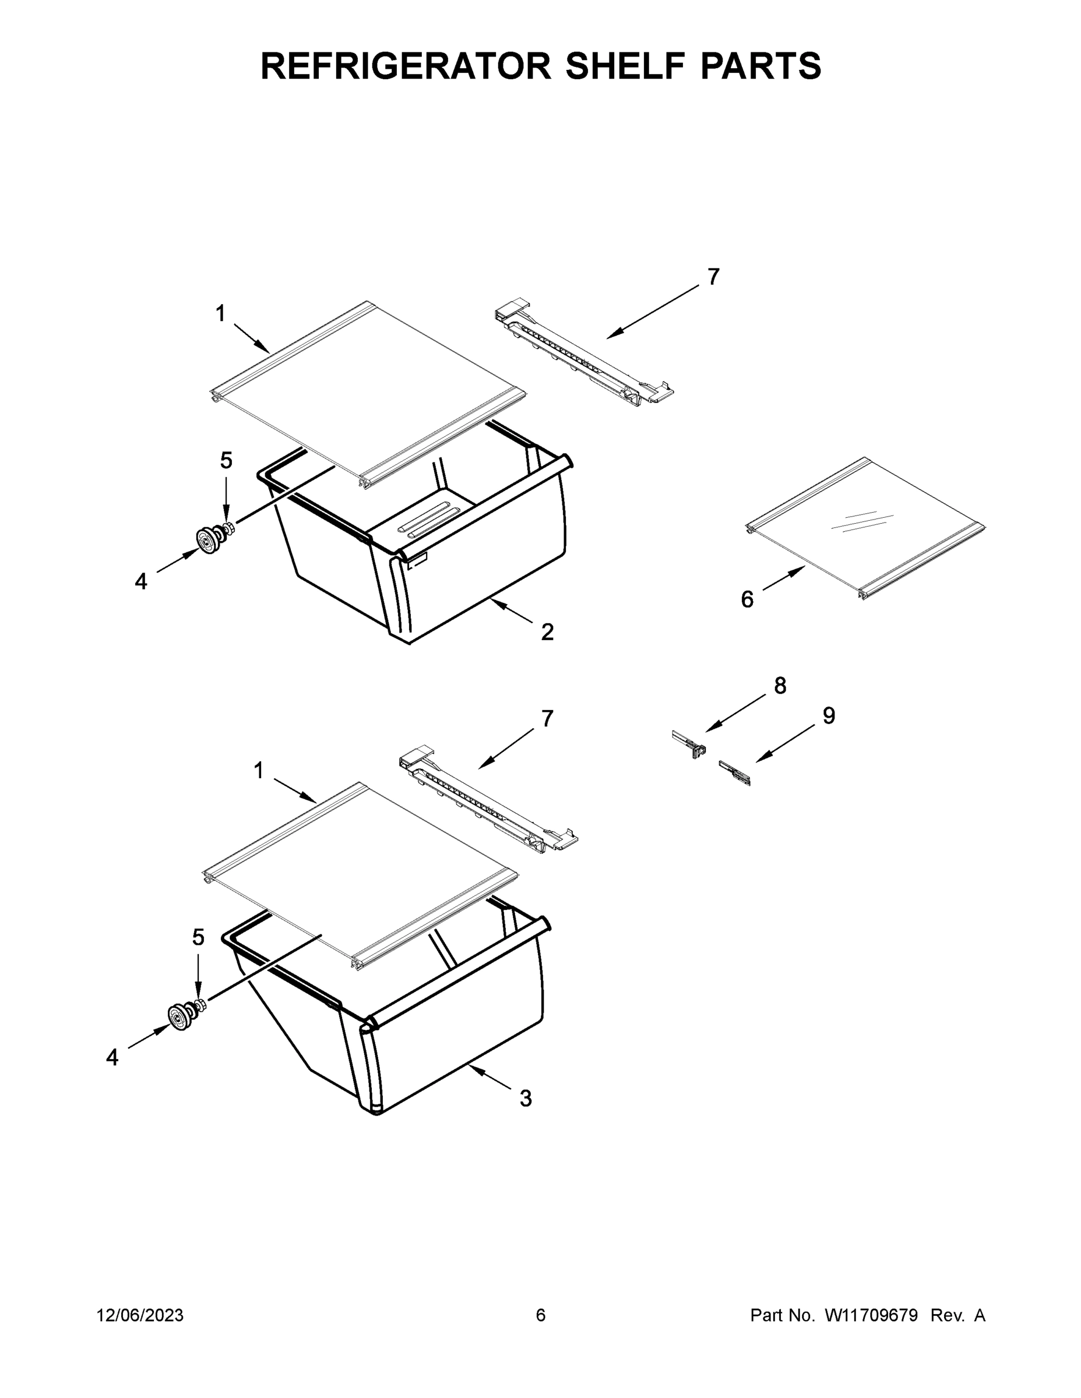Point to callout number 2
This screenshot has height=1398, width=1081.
click(x=547, y=632)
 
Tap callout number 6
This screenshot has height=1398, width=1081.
click(x=747, y=600)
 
